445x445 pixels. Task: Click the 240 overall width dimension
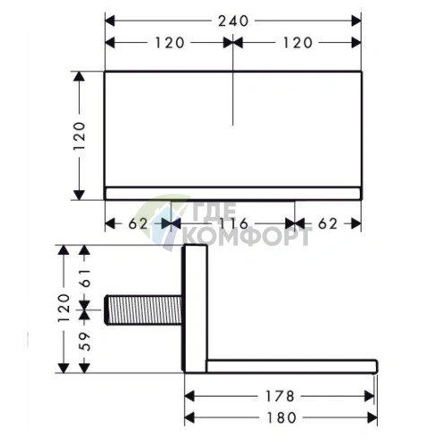[233, 22]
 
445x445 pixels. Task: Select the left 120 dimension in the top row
[170, 43]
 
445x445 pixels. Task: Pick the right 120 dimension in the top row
[297, 43]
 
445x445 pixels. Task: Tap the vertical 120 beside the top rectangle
[80, 135]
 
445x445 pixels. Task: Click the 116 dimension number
[233, 223]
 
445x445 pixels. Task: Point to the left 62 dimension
[138, 223]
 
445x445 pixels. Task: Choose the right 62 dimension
[327, 223]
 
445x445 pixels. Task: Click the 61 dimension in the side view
[84, 278]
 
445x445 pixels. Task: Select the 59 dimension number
[84, 341]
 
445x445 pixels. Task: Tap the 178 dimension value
[280, 397]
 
